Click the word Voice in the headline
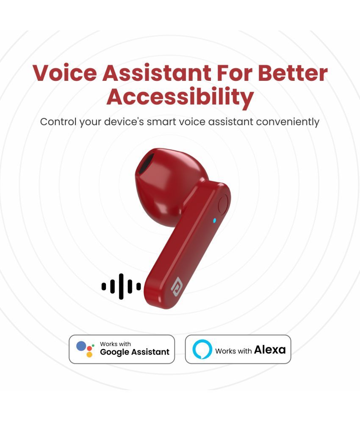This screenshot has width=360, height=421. [x=64, y=73]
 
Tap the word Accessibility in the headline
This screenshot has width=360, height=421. [x=180, y=97]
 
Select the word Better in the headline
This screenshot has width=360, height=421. [x=293, y=73]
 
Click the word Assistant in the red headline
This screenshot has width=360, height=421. [x=157, y=73]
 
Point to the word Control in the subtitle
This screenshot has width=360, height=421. [x=58, y=121]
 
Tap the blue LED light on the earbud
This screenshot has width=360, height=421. [x=214, y=221]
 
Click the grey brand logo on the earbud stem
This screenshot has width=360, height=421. [x=177, y=286]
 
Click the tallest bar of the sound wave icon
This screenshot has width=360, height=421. [x=121, y=286]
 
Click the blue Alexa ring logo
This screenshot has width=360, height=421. [x=202, y=349]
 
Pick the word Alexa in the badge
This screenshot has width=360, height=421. [x=270, y=349]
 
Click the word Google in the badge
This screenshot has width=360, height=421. [x=114, y=352]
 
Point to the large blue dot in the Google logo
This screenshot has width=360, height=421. [x=81, y=346]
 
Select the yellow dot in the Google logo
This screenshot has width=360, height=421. [x=89, y=355]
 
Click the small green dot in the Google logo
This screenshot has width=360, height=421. [x=93, y=345]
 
